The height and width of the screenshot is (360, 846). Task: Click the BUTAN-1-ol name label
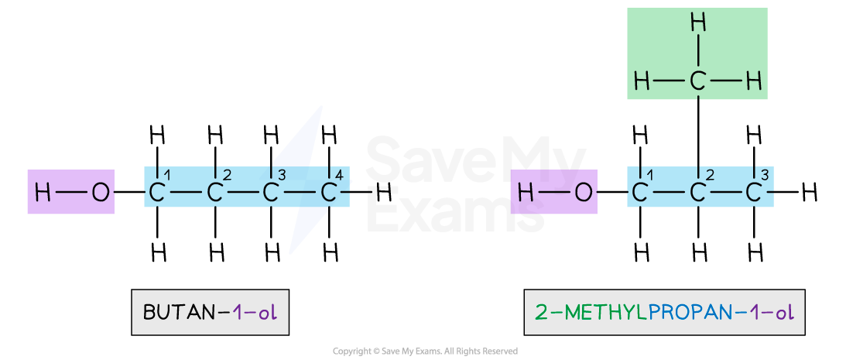click(x=210, y=313)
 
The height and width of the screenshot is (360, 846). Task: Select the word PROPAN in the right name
click(x=690, y=313)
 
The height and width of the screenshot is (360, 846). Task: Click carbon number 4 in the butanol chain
click(x=328, y=193)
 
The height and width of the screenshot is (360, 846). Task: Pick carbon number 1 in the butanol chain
click(x=157, y=193)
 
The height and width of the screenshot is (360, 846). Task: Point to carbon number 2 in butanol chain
click(x=214, y=193)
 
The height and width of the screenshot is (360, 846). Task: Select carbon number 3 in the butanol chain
click(x=270, y=193)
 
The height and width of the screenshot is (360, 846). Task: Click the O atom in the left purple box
click(x=100, y=193)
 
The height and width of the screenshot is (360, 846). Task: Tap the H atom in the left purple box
click(x=43, y=193)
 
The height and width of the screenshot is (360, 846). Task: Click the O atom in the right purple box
click(x=584, y=193)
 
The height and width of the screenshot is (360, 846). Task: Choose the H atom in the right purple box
click(x=526, y=193)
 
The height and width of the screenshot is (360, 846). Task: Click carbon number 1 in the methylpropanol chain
click(x=640, y=193)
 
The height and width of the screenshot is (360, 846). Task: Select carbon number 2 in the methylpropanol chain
click(x=697, y=193)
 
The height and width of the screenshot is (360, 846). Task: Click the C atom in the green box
click(x=697, y=81)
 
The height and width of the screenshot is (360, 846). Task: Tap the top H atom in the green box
click(x=697, y=23)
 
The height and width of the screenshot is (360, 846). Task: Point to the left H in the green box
click(x=642, y=81)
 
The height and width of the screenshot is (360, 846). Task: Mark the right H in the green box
click(x=754, y=81)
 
